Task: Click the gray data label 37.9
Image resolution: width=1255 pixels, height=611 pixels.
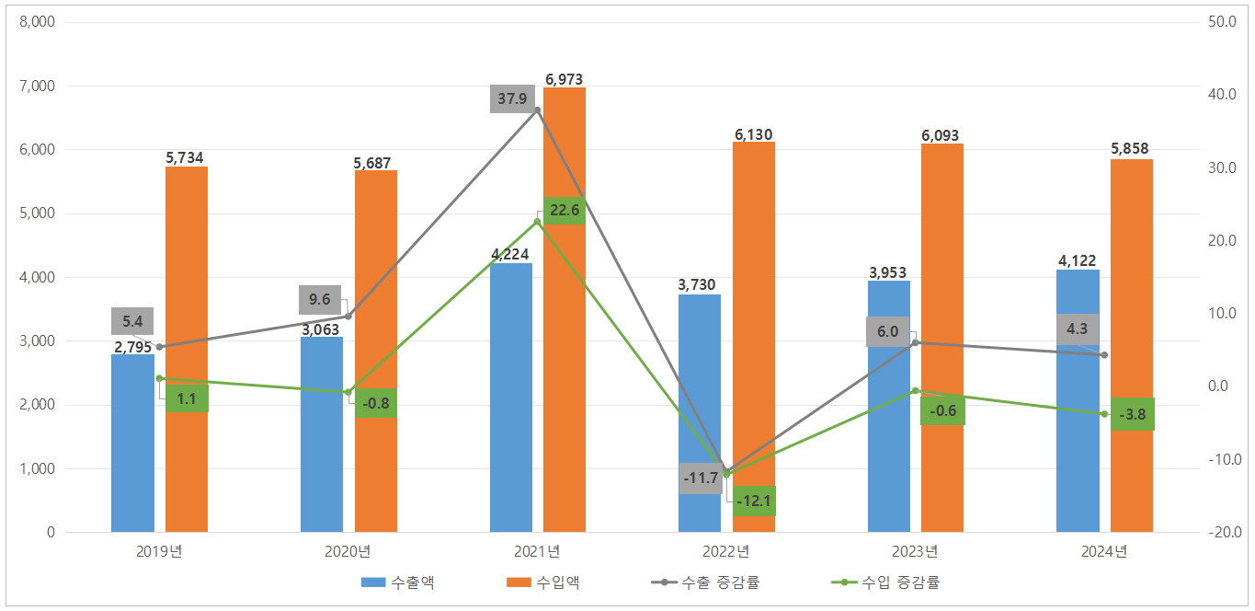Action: coord(512,99)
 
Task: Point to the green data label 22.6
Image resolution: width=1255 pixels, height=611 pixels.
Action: coord(564,211)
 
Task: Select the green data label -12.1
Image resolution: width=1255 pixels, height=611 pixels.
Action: coord(754,501)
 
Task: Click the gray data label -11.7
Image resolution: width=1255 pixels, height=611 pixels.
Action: coord(701,478)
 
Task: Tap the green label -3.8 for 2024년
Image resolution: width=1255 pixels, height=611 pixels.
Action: coord(1132,414)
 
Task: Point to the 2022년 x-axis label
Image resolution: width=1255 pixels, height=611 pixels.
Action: coord(726,552)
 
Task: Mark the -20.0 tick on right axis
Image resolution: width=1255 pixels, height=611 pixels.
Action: coord(1225,533)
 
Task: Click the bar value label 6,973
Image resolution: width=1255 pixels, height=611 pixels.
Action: coord(564,80)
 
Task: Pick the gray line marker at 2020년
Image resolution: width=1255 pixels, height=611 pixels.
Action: coord(348,317)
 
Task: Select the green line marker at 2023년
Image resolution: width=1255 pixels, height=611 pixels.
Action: coord(915,391)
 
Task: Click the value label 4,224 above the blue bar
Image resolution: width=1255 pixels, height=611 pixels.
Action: coord(510,255)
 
